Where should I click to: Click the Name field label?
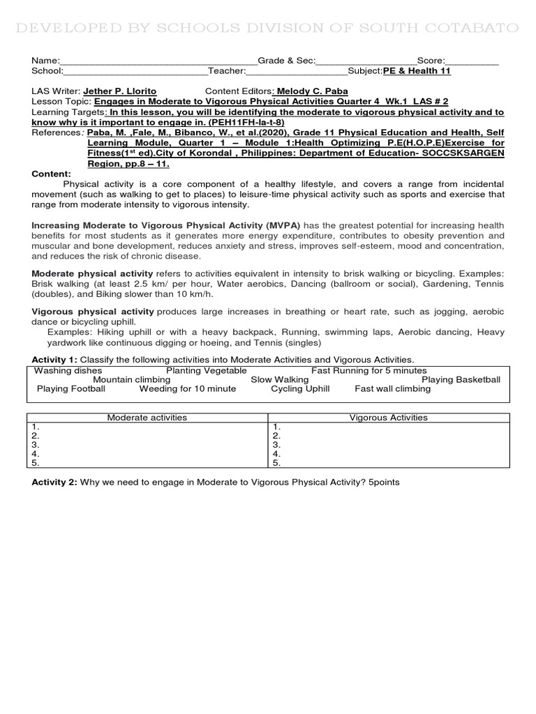[45, 61]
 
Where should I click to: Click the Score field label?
[431, 61]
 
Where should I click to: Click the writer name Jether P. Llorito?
[120, 91]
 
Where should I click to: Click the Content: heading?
[52, 174]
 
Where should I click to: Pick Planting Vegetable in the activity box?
[206, 370]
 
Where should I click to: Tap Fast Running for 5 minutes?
[368, 370]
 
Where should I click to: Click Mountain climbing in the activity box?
[131, 379]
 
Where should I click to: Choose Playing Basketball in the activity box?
[461, 379]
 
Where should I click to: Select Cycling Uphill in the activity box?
[300, 388]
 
